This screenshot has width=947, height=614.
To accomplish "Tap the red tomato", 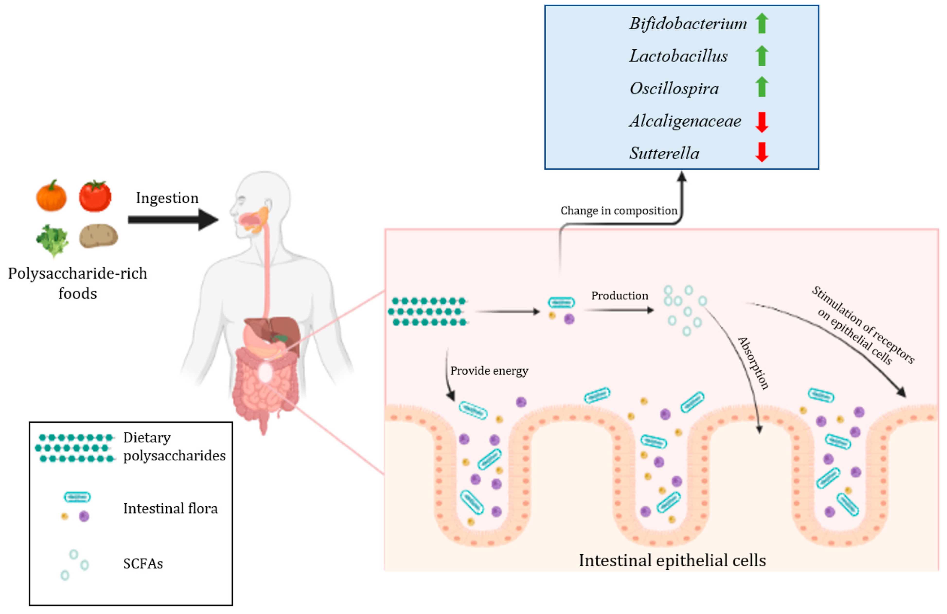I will pos(95,196).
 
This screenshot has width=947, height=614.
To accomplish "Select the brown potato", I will pos(98,236).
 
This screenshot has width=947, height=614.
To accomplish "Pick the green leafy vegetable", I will pos(52,240).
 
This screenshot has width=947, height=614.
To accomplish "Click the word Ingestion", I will pos(167,198).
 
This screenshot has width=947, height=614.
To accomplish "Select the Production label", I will pos(620,296).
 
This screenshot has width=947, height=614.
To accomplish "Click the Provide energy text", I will pos(489,371).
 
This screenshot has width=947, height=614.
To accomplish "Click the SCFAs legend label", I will pos(143,564).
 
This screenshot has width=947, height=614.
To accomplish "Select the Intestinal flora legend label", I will pos(170,509).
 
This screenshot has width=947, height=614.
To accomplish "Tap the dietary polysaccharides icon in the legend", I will pos(75,448).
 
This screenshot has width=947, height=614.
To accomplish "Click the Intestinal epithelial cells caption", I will pos(672,561).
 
